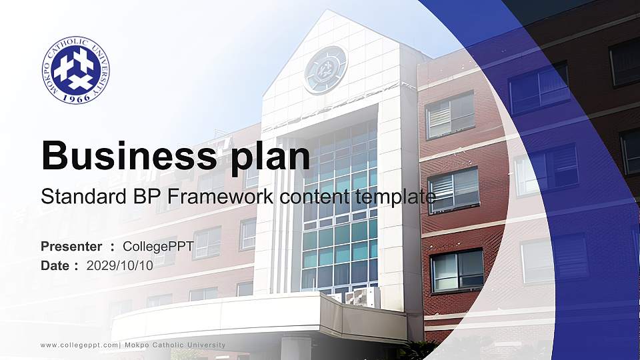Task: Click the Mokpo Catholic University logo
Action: pos(75,71)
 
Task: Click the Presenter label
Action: pos(71,247)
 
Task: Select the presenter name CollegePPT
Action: pos(158,247)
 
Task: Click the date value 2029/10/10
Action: pos(120,265)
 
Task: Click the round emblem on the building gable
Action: pos(325,69)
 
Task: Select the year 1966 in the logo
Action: pos(75,97)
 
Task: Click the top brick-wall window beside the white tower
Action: pos(450,114)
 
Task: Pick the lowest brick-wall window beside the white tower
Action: pos(457,270)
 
